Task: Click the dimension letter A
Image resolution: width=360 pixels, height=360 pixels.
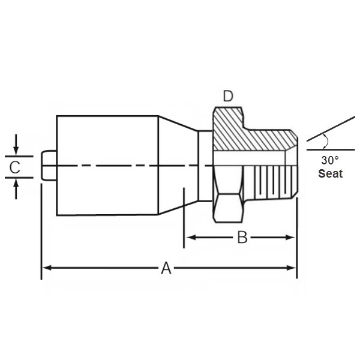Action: (166, 268)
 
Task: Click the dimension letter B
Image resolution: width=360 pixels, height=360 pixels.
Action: (242, 238)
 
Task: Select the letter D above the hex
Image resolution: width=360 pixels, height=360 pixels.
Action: (228, 96)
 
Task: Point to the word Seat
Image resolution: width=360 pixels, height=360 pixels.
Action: (330, 173)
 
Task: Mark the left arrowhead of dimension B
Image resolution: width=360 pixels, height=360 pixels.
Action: (189, 238)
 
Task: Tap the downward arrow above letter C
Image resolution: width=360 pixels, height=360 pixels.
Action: (16, 148)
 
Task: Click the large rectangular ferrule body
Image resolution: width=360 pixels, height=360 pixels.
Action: (107, 165)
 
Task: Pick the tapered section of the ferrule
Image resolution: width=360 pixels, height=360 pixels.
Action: (177, 165)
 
